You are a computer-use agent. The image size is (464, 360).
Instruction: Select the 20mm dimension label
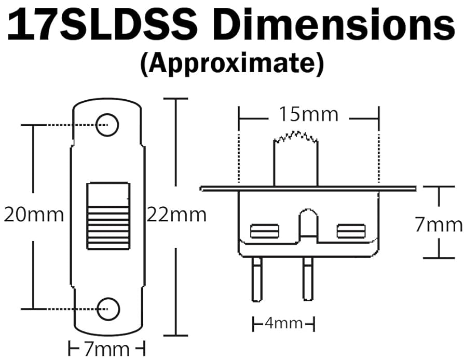pyautogui.click(x=34, y=214)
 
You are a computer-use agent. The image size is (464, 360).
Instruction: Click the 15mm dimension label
pyautogui.click(x=308, y=114)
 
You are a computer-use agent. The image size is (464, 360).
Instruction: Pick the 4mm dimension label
pyautogui.click(x=283, y=324)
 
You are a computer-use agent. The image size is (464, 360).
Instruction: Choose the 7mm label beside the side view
pyautogui.click(x=439, y=224)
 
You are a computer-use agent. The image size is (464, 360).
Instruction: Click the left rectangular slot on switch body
pyautogui.click(x=264, y=231)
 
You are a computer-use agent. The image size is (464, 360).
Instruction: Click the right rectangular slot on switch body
pyautogui.click(x=351, y=231)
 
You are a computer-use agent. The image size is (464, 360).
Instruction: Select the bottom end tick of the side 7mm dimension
pyautogui.click(x=439, y=258)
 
